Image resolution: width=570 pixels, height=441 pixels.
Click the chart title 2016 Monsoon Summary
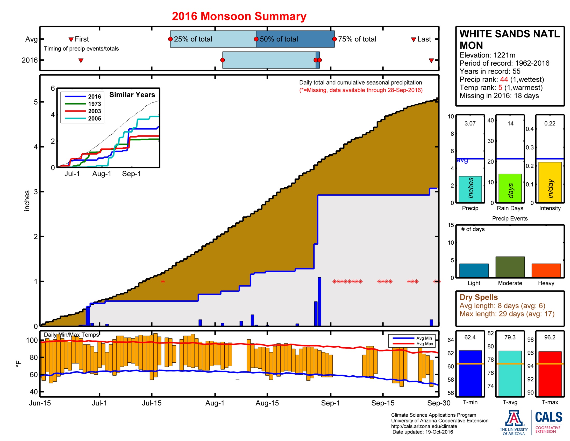click(239, 16)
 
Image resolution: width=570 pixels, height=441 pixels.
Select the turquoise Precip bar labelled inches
click(470, 189)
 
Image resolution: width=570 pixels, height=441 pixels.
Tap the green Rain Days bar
click(510, 188)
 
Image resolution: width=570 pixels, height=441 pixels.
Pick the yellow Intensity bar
click(550, 182)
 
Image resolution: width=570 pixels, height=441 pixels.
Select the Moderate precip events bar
click(510, 267)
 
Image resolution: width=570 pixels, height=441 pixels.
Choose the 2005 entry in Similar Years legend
click(94, 119)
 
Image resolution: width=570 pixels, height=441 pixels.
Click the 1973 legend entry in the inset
click(94, 104)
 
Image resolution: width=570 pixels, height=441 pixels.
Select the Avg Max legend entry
click(425, 344)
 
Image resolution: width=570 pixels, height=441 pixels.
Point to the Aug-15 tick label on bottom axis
click(267, 403)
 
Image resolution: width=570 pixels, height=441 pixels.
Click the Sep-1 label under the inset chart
click(131, 174)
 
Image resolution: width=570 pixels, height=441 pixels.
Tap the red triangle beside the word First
click(71, 39)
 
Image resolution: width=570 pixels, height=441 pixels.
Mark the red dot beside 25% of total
click(170, 39)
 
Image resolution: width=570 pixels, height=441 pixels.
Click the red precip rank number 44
click(504, 79)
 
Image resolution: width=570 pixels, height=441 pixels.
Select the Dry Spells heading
click(478, 297)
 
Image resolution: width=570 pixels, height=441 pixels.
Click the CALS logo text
click(548, 417)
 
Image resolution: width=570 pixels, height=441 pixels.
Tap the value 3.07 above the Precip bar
click(470, 123)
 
